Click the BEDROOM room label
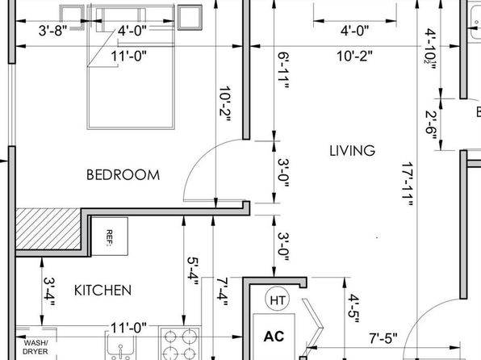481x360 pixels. [123, 175]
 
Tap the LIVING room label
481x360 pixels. [352, 151]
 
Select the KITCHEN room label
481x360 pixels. [102, 291]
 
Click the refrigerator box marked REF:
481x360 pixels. [110, 237]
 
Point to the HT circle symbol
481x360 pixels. [277, 299]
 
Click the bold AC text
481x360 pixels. [274, 337]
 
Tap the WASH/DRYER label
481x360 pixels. [36, 347]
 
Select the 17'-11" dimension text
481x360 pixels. [408, 184]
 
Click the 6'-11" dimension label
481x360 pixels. [283, 70]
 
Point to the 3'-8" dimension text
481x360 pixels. [52, 31]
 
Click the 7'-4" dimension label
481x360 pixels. [222, 291]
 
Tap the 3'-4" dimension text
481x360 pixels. [49, 291]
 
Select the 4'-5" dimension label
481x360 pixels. [353, 308]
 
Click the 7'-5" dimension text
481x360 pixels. [383, 338]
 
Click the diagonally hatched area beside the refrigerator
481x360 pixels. [48, 228]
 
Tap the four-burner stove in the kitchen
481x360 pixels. [180, 343]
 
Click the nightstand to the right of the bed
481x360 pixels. [190, 18]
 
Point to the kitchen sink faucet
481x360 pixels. [120, 351]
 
